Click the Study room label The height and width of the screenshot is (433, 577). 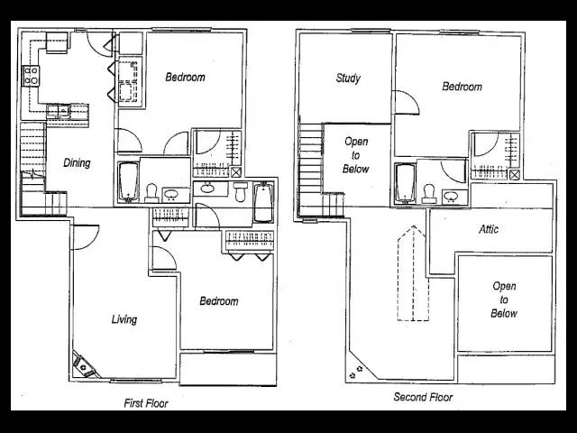pyautogui.click(x=348, y=78)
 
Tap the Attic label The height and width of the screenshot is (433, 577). pyautogui.click(x=489, y=229)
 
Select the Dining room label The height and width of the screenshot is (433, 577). pyautogui.click(x=77, y=162)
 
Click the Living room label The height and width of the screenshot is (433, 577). pyautogui.click(x=124, y=318)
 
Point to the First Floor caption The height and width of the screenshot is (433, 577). pyautogui.click(x=146, y=403)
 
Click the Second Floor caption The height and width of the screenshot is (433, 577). pyautogui.click(x=423, y=397)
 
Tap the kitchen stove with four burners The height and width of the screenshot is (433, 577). pyautogui.click(x=31, y=76)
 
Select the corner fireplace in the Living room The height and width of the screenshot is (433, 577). pyautogui.click(x=84, y=365)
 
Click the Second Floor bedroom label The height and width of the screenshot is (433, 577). pyautogui.click(x=462, y=87)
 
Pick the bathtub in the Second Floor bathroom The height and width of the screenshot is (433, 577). pyautogui.click(x=405, y=183)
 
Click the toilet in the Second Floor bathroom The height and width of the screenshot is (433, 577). pyautogui.click(x=428, y=193)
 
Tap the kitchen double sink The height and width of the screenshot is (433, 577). pyautogui.click(x=59, y=111)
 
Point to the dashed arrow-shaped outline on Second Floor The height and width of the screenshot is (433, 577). pyautogui.click(x=413, y=273)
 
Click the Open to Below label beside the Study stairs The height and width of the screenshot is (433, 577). pyautogui.click(x=355, y=155)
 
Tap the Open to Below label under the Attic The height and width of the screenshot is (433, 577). pyautogui.click(x=504, y=299)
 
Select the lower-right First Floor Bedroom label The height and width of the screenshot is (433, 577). pyautogui.click(x=218, y=301)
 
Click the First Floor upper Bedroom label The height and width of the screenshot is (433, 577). pyautogui.click(x=185, y=77)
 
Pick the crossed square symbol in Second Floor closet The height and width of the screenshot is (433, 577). pyautogui.click(x=515, y=175)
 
